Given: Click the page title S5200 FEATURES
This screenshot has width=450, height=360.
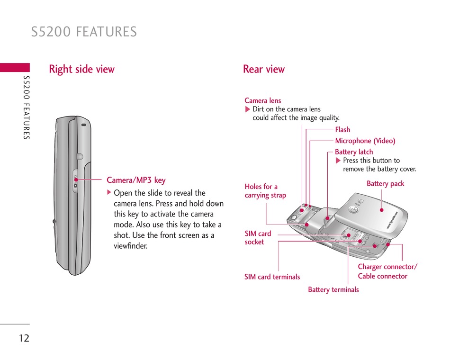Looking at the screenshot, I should coord(84,32).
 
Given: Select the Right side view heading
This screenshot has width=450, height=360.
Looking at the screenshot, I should coord(81,69).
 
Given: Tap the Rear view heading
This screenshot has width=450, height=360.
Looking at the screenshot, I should coord(264,69).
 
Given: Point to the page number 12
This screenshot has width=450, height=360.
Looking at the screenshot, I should coord(24,338).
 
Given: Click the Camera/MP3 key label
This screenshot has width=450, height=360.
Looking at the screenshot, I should coord(136,180).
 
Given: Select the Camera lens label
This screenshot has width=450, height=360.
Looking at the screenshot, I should coord(262,100).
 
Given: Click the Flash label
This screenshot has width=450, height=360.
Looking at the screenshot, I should coord(342,129).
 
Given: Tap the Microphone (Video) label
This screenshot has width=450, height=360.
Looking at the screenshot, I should coord(365,141).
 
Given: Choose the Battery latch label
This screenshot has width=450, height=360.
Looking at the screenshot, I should coord(354,152).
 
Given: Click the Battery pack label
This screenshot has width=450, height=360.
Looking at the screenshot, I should coord(385,184).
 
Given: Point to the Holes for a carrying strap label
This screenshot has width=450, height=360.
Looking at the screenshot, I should coord(265,191).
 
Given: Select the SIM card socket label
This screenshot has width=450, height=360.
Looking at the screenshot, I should coord(258,238).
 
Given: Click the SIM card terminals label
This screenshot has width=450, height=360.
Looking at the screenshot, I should coord(272,277).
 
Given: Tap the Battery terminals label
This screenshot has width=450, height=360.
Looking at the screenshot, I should coord(333,289).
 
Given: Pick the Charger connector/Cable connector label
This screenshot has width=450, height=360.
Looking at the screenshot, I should coord(387,271).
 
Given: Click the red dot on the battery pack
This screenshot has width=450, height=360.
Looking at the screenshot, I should coord(381,209).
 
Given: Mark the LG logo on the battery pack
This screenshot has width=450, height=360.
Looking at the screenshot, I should coord(354,207).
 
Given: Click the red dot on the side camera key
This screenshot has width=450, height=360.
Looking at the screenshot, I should coord(76,180).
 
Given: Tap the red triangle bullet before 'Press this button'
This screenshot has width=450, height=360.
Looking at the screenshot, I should coord(338,161).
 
